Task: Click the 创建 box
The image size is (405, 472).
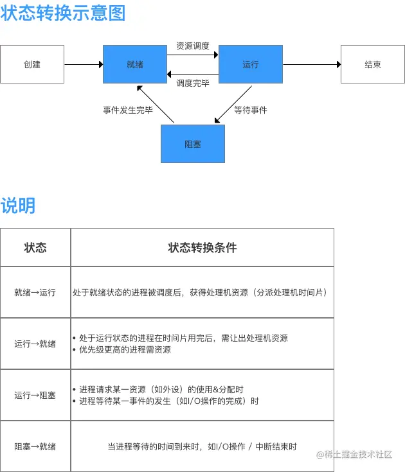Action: point(32,64)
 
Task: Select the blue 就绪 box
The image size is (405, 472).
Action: point(135,64)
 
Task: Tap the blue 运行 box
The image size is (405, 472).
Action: point(251,64)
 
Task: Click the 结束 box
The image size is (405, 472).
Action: point(373,64)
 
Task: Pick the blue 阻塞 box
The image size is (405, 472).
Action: point(192,144)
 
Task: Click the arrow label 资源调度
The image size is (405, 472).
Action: point(193,46)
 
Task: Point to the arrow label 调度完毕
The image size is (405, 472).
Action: point(193,82)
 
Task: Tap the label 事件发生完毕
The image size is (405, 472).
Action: point(128,110)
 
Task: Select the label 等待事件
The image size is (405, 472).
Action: point(251,110)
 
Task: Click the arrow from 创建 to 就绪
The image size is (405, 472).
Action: point(84,64)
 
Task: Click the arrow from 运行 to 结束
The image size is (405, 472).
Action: point(312,64)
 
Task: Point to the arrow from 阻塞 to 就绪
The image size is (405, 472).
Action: point(156,104)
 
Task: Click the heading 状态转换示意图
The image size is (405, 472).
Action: point(63,13)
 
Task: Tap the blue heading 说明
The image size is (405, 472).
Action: point(18,205)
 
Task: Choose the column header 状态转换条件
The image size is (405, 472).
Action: point(202,247)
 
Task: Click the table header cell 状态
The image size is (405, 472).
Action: point(35,247)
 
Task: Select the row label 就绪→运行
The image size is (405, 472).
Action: point(35,292)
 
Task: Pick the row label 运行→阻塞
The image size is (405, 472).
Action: point(35,395)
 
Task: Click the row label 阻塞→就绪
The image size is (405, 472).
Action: point(35,446)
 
